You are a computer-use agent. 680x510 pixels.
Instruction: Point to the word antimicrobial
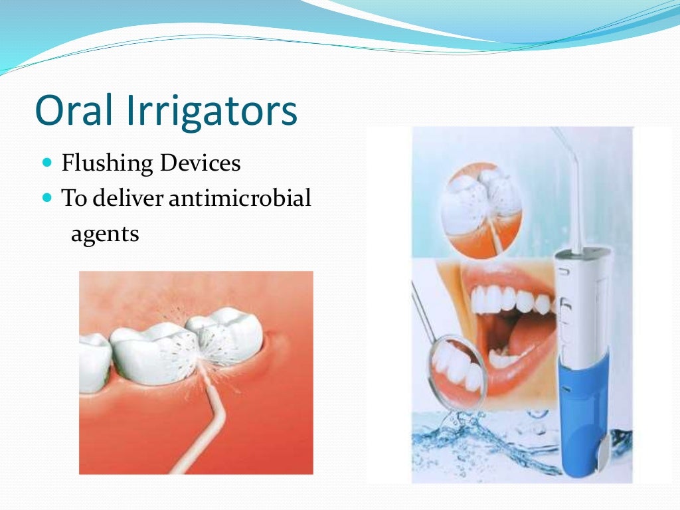tap(240, 198)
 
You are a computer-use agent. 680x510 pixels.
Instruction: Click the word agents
tap(105, 233)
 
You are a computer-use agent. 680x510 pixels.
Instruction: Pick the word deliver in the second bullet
tap(124, 198)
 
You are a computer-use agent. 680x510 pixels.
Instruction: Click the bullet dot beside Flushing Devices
tap(46, 162)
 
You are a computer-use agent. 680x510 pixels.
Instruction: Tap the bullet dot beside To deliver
tap(46, 197)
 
